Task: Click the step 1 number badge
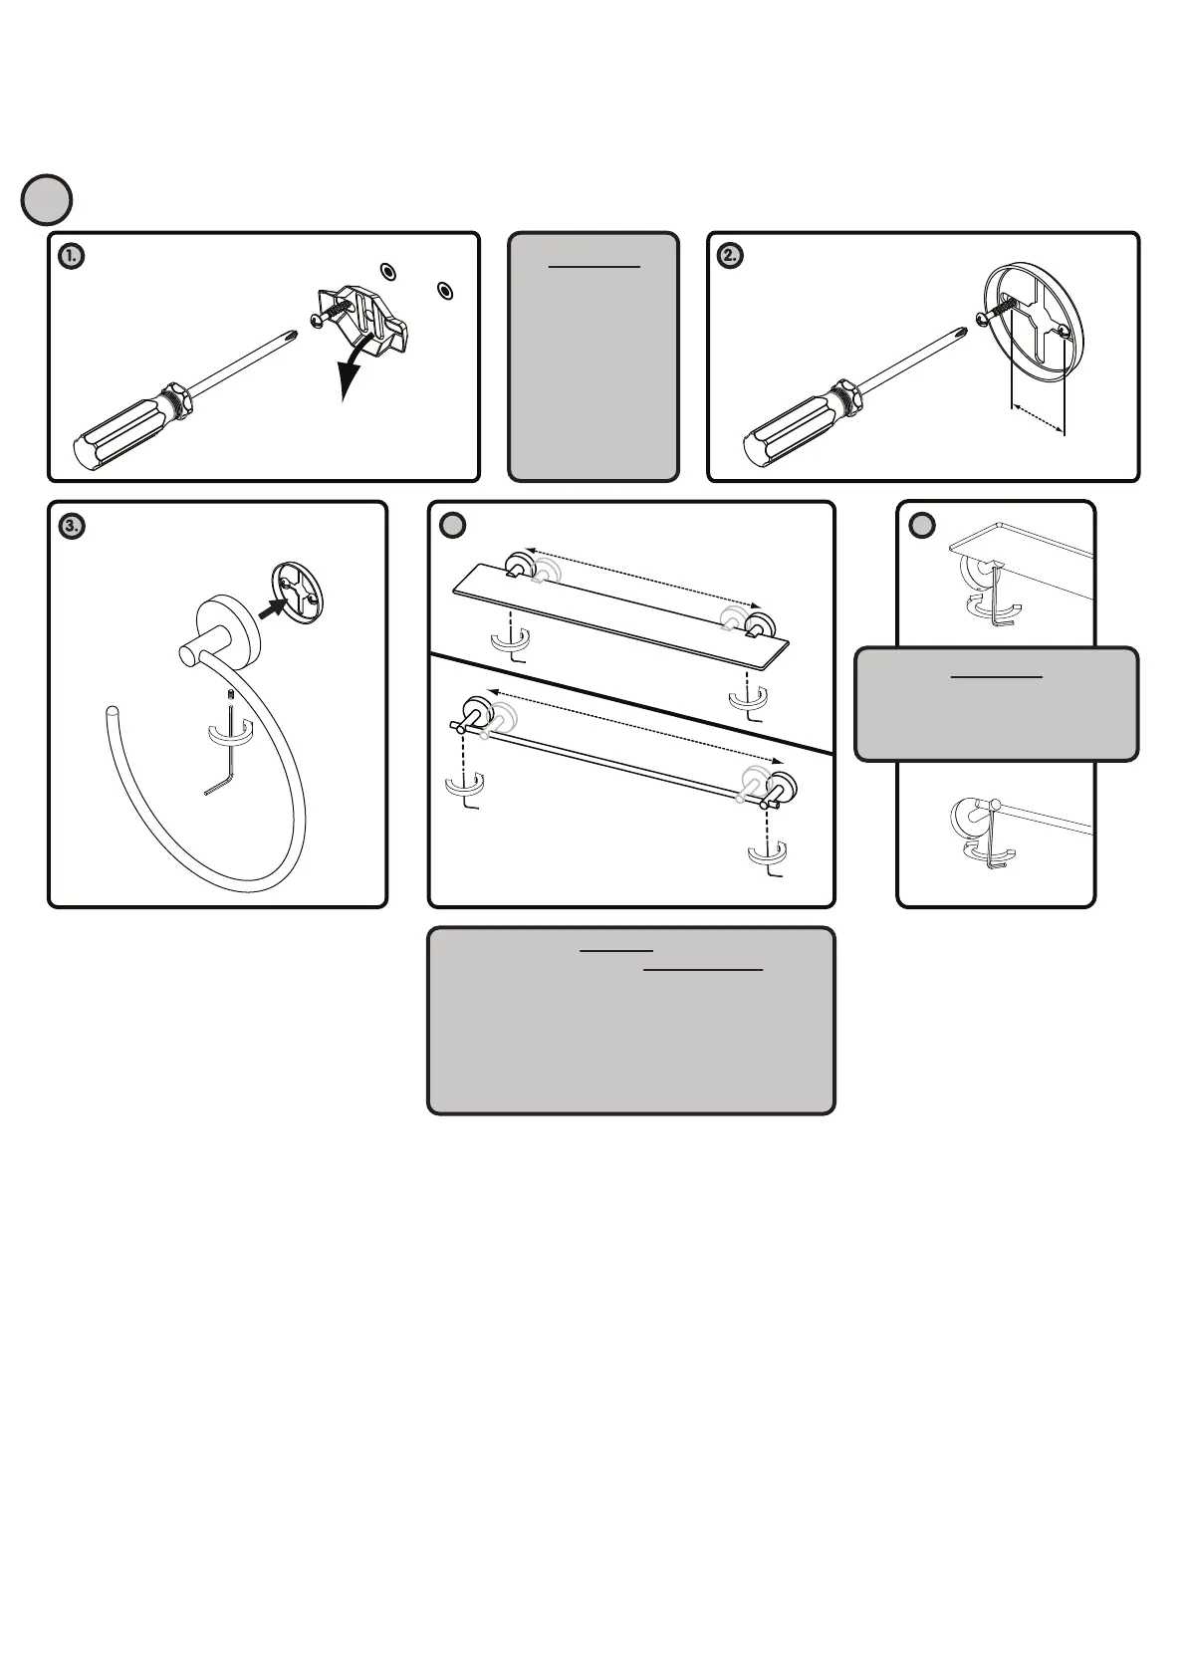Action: click(71, 256)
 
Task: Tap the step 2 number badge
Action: click(730, 256)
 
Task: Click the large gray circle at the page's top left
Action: click(47, 199)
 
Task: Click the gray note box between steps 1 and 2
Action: click(593, 357)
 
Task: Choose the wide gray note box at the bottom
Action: click(630, 1021)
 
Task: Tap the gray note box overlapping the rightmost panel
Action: click(996, 704)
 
